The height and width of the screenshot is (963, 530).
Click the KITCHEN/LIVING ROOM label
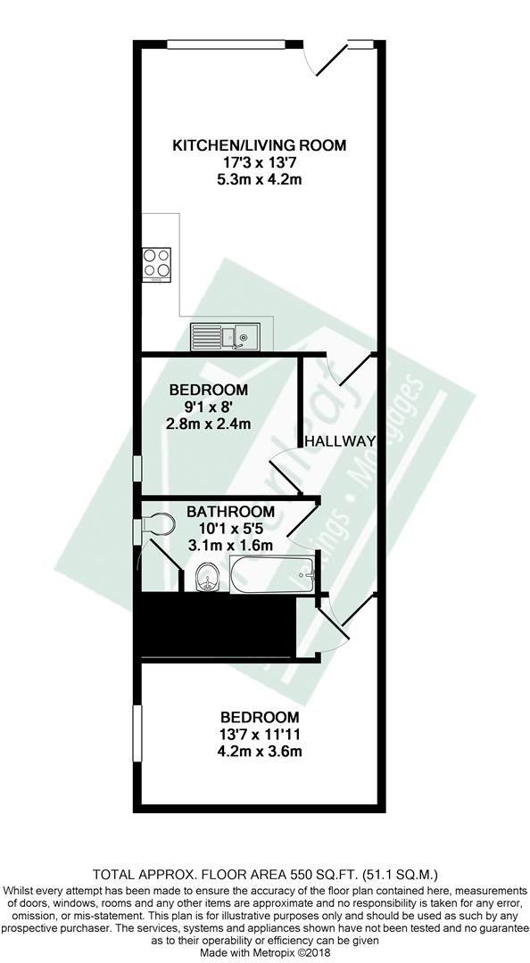tap(260, 145)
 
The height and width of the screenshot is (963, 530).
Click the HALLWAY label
tap(339, 441)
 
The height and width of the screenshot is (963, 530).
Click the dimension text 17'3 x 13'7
tap(260, 162)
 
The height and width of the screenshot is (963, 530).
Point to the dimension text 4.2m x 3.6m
tap(261, 751)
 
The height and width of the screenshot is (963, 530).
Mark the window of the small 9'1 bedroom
tap(137, 468)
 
